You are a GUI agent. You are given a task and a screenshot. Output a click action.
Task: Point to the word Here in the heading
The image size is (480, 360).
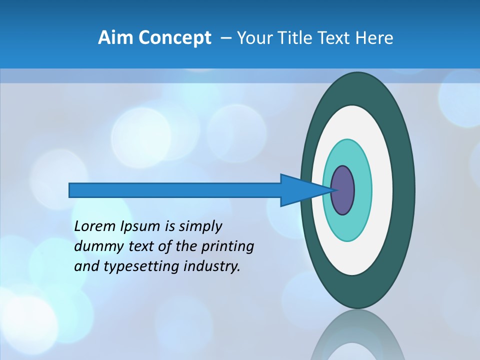(374, 38)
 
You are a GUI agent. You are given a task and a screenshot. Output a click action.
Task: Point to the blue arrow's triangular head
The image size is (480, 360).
(300, 190)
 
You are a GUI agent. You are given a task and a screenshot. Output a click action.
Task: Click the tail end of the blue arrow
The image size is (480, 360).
(72, 190)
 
